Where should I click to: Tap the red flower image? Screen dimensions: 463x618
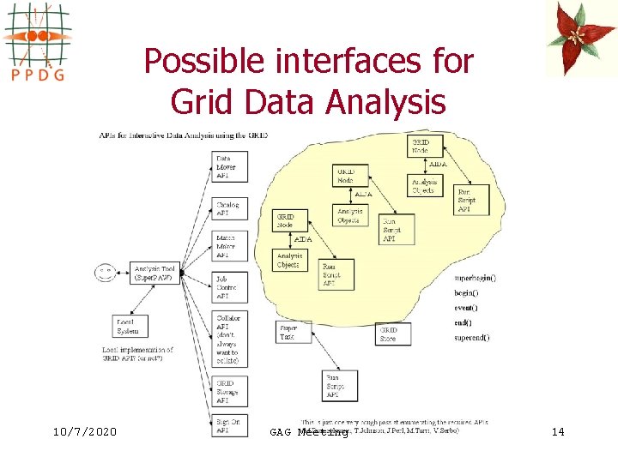(x=581, y=39)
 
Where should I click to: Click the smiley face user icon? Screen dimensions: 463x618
(x=105, y=274)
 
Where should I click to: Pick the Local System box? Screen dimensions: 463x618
(x=129, y=327)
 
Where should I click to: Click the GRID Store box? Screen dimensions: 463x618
(x=393, y=334)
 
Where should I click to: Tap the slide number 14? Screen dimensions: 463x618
(x=557, y=431)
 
